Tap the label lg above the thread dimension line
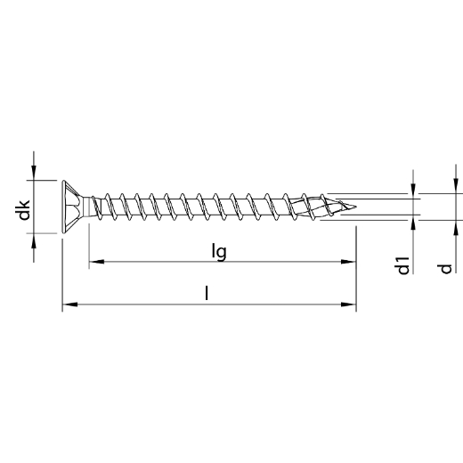(220, 251)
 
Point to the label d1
(404, 264)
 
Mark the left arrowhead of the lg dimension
(95, 262)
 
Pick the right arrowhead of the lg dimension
(349, 262)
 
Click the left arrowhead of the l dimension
(69, 305)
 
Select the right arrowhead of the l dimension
(349, 305)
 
